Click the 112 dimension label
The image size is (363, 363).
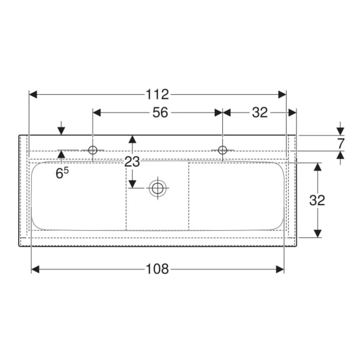click(x=157, y=94)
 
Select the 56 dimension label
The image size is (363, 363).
click(x=160, y=113)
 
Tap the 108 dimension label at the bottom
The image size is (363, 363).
click(x=157, y=269)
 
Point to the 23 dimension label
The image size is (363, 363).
click(x=132, y=162)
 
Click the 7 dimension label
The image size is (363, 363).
click(x=341, y=144)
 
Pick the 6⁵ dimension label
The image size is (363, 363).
click(x=62, y=173)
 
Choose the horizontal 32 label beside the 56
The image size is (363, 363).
click(x=260, y=113)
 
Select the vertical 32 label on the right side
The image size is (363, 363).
click(x=317, y=200)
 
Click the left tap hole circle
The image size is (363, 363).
click(x=93, y=150)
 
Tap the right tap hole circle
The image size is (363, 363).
click(x=222, y=150)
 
